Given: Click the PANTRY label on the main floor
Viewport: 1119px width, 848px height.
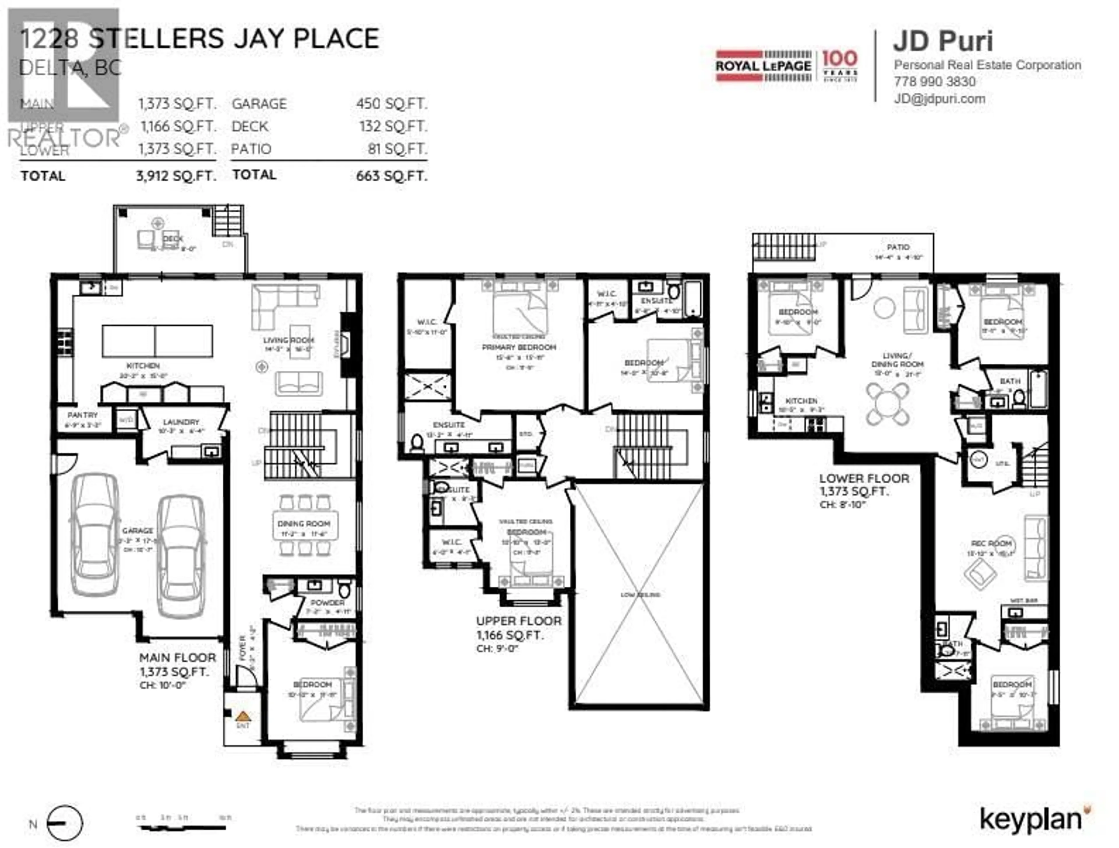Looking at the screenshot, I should pyautogui.click(x=82, y=415).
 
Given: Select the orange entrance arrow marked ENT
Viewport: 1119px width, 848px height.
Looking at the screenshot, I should pyautogui.click(x=243, y=717).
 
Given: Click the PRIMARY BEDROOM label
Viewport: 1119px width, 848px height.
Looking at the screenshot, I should pyautogui.click(x=519, y=347).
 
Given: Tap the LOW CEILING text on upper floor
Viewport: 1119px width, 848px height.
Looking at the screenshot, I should pyautogui.click(x=641, y=594).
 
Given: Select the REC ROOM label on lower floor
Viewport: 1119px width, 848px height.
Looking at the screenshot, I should pyautogui.click(x=992, y=543).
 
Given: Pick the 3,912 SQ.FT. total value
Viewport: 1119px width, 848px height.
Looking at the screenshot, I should pyautogui.click(x=176, y=176).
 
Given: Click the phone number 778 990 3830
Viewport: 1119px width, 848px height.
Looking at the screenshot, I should pyautogui.click(x=935, y=82).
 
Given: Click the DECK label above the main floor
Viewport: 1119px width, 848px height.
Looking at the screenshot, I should pyautogui.click(x=173, y=238).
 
